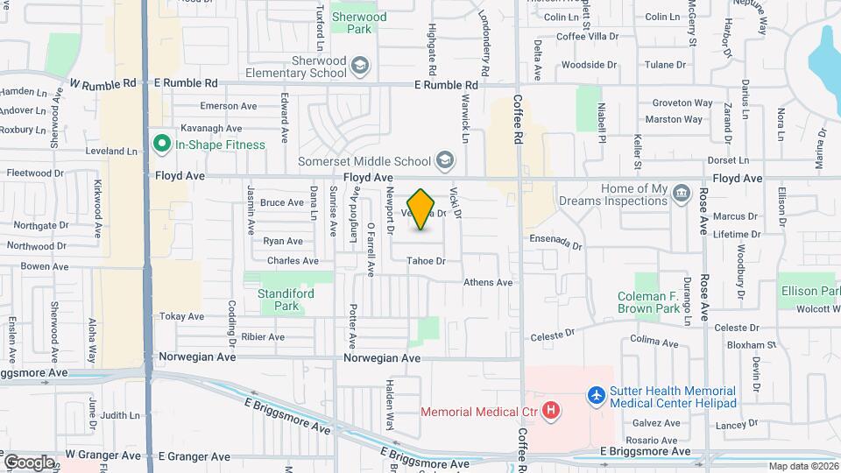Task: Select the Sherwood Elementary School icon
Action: pos(359,67)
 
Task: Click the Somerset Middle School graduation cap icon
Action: pos(445,160)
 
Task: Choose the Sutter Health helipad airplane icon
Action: pos(597,396)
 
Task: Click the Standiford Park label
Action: pos(286,300)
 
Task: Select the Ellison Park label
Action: pos(810,291)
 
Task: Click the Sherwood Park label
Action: pos(358,23)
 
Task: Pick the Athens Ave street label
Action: pos(488,283)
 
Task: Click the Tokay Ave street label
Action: pos(182,316)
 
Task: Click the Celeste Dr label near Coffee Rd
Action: pos(552,335)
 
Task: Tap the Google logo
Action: pos(30,462)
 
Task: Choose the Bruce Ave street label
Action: pos(282,202)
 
